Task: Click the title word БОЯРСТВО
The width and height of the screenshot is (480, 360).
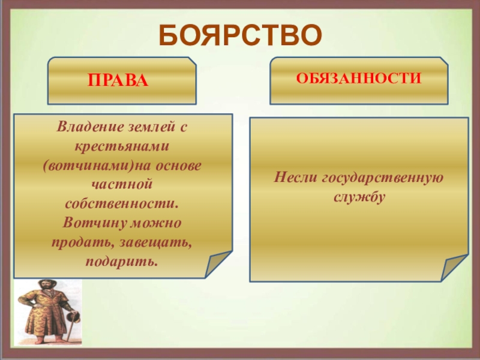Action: [x=241, y=35]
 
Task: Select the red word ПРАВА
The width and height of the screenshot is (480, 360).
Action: [x=118, y=80]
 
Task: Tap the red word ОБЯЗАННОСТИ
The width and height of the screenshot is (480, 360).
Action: [x=359, y=79]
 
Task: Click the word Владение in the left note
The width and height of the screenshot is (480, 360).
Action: [x=91, y=127]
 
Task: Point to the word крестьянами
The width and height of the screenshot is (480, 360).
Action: [x=122, y=146]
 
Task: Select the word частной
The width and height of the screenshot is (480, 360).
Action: [x=122, y=184]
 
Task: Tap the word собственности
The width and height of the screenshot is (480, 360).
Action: [x=122, y=204]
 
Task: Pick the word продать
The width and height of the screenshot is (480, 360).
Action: [x=82, y=243]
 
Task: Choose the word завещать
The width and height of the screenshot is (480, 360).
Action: [x=155, y=243]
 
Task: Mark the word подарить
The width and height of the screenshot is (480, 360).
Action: [x=122, y=262]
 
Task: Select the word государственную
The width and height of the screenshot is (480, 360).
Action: [x=383, y=178]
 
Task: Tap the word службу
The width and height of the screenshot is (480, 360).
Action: [x=359, y=197]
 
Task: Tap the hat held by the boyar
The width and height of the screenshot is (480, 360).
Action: [x=74, y=317]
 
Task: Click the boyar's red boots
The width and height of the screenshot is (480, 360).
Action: [x=48, y=339]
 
